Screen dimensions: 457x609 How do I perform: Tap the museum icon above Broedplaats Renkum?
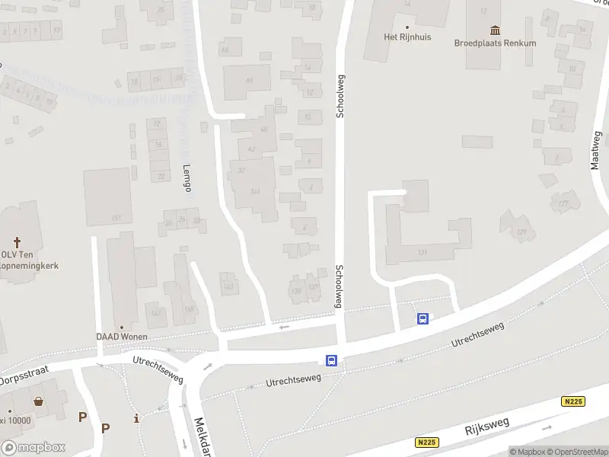(496, 30)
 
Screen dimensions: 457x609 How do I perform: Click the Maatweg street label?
(595, 149)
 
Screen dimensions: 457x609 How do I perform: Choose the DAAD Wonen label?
(122, 337)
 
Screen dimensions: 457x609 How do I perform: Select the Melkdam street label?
(201, 434)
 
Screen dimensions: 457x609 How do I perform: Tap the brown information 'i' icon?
(136, 417)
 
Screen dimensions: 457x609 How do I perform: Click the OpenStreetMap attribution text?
(576, 452)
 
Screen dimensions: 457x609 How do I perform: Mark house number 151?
(116, 218)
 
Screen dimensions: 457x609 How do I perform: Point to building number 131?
(422, 252)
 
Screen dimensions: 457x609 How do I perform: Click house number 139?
(296, 291)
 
